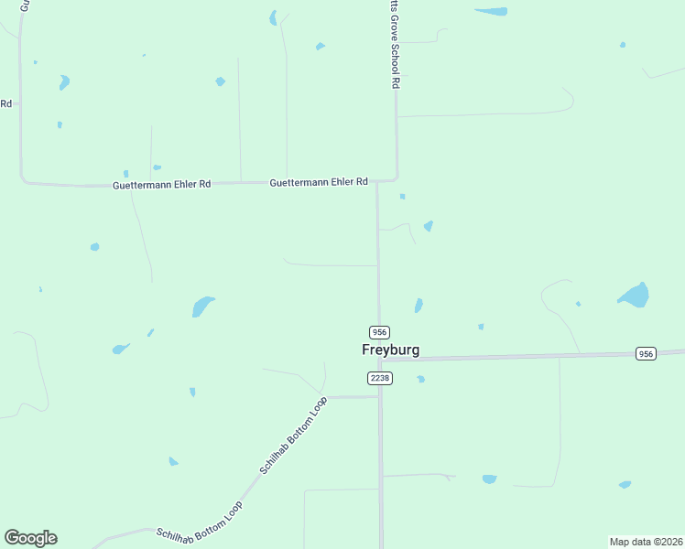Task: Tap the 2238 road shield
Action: (x=379, y=378)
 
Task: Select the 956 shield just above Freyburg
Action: (x=379, y=331)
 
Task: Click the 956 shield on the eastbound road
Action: (x=647, y=353)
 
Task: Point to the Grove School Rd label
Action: (x=396, y=45)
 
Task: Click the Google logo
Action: (x=30, y=538)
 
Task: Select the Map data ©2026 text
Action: (x=646, y=541)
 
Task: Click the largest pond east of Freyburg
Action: (x=634, y=295)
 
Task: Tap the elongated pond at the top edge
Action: (x=492, y=11)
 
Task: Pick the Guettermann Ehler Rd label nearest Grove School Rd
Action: (x=318, y=182)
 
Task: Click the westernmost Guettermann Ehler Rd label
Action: (x=161, y=184)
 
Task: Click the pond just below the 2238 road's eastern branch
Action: (x=489, y=479)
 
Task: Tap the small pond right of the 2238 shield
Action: (x=420, y=379)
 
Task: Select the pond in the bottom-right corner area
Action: (x=625, y=484)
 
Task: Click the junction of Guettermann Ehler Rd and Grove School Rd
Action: (x=397, y=178)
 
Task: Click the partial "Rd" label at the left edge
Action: (x=5, y=103)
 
